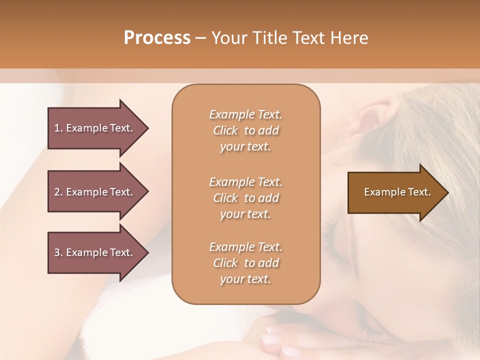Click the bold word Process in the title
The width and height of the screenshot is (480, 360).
pyautogui.click(x=157, y=38)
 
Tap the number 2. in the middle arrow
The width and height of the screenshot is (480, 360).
pyautogui.click(x=58, y=192)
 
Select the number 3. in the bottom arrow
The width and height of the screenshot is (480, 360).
pyautogui.click(x=58, y=252)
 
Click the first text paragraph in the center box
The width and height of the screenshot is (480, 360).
pyautogui.click(x=245, y=130)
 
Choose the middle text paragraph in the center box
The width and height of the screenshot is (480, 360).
pyautogui.click(x=245, y=197)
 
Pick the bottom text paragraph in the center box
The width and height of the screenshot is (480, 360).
pyautogui.click(x=245, y=263)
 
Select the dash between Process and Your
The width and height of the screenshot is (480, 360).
pyautogui.click(x=200, y=38)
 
